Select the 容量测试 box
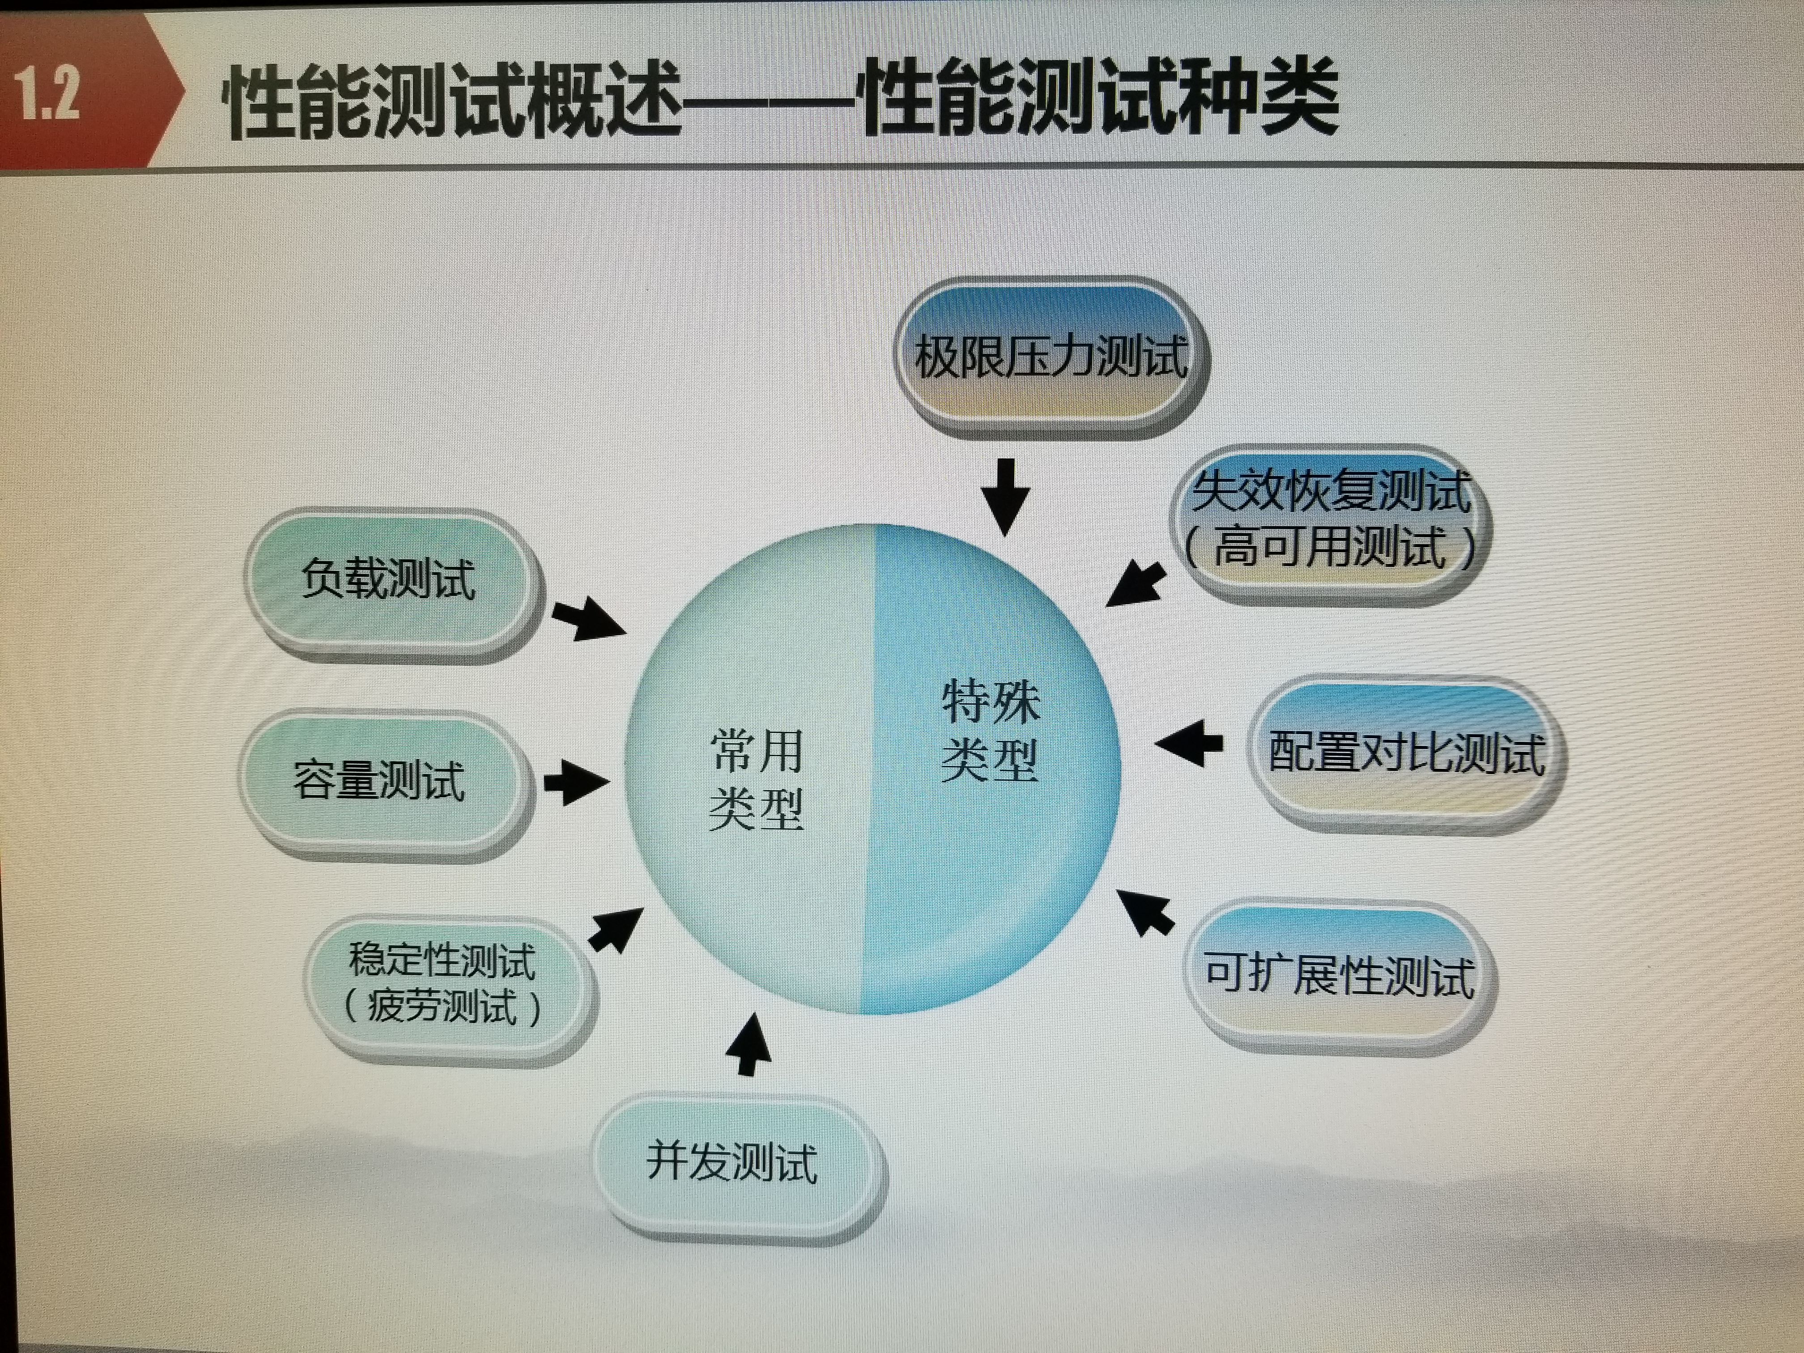coord(380,780)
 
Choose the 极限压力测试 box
coord(1051,357)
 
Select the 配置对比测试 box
coord(1406,752)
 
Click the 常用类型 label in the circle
coord(757,779)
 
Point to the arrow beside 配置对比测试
coord(1191,743)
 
